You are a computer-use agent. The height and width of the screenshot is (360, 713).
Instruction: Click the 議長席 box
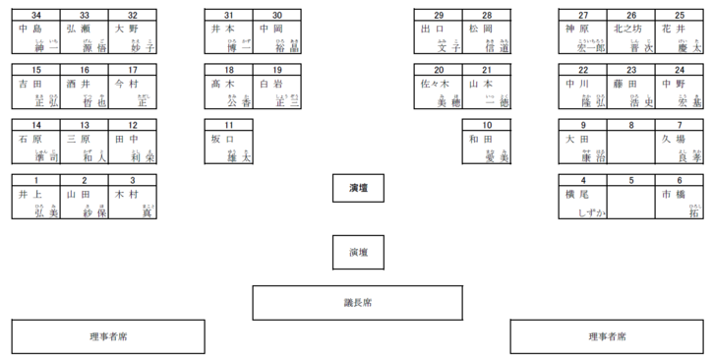[x=358, y=303]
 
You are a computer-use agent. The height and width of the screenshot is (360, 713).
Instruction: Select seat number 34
[x=36, y=16]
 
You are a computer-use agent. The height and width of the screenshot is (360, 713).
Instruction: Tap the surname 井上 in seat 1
[x=30, y=195]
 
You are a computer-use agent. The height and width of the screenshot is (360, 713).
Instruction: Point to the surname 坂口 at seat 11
[x=223, y=140]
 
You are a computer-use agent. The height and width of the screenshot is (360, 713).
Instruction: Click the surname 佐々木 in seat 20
[x=434, y=85]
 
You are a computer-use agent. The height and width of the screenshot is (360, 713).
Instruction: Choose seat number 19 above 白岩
[x=277, y=70]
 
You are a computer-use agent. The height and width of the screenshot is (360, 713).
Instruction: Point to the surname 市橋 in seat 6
[x=674, y=195]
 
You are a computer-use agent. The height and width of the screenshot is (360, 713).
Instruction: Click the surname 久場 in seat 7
[x=674, y=140]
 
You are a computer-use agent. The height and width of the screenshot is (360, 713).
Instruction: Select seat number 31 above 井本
[x=229, y=16]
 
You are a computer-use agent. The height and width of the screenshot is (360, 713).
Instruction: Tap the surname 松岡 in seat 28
[x=481, y=30]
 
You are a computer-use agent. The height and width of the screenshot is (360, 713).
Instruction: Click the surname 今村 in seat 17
[x=126, y=85]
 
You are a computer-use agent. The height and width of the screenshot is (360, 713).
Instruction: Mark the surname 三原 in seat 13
[x=78, y=140]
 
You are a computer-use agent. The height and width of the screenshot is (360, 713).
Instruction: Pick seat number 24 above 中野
[x=680, y=70]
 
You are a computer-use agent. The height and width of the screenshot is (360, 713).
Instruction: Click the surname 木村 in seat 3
[x=126, y=195]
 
